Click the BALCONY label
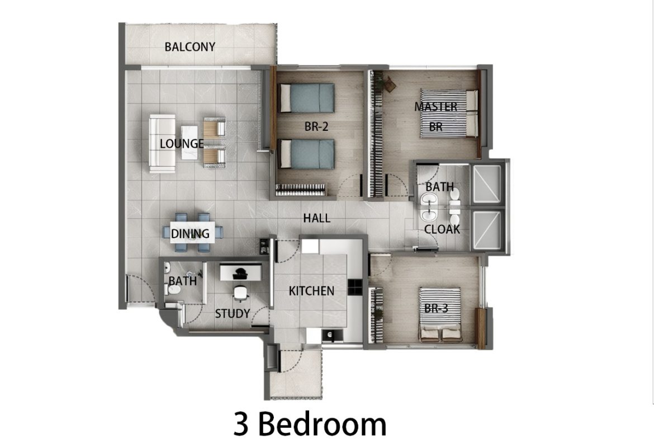190,47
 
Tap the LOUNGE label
182,144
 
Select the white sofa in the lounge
162,144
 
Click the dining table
193,233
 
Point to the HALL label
316,218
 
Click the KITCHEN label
311,291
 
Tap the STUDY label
233,313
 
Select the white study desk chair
241,293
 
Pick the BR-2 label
316,126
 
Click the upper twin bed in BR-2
306,98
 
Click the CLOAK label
442,229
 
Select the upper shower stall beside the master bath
486,185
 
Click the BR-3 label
436,308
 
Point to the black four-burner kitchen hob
355,287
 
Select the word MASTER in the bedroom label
436,107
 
